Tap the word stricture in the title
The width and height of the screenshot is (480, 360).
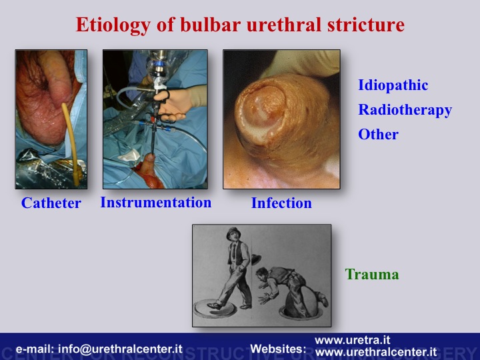pyautogui.click(x=366, y=25)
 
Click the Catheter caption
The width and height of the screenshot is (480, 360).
pyautogui.click(x=51, y=203)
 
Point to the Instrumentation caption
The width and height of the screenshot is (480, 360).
pyautogui.click(x=156, y=203)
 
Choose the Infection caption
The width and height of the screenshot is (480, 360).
pyautogui.click(x=281, y=203)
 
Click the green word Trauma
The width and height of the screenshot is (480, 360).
pyautogui.click(x=372, y=274)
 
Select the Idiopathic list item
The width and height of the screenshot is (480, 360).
pyautogui.click(x=393, y=85)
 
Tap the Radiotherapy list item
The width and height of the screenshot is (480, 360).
pyautogui.click(x=405, y=110)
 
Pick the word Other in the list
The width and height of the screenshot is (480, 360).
pyautogui.click(x=379, y=135)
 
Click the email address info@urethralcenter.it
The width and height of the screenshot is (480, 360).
pyautogui.click(x=120, y=349)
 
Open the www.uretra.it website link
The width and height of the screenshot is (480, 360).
pyautogui.click(x=353, y=340)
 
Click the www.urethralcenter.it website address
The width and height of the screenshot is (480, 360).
pyautogui.click(x=375, y=352)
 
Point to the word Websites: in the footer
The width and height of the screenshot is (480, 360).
pyautogui.click(x=278, y=349)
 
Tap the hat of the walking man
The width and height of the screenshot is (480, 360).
pyautogui.click(x=233, y=233)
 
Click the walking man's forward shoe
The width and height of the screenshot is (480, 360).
pyautogui.click(x=215, y=305)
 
